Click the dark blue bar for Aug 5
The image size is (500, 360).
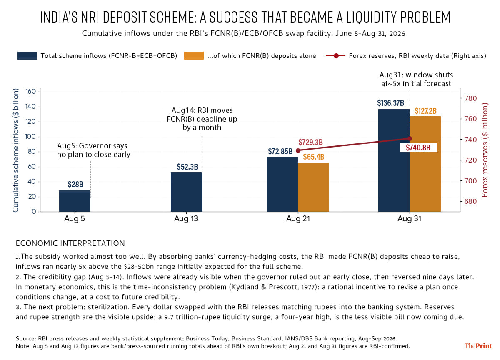[x=75, y=201]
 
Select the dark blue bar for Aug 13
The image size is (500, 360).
[x=186, y=192]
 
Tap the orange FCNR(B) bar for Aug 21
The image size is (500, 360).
[x=313, y=187]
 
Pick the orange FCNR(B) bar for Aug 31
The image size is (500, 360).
[x=425, y=164]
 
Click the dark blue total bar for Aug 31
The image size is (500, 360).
[x=394, y=160]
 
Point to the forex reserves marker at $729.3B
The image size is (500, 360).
[x=298, y=151]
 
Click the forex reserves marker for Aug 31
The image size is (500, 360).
[x=410, y=139]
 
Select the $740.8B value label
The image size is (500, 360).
[x=418, y=147]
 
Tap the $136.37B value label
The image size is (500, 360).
[x=391, y=103]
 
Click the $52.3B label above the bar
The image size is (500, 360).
[x=187, y=167]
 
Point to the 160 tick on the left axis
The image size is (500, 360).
[x=30, y=92]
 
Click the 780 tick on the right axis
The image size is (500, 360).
[x=470, y=98]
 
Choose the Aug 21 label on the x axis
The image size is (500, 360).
[x=298, y=218]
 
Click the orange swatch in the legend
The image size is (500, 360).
[x=194, y=55]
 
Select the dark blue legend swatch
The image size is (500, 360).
[x=27, y=55]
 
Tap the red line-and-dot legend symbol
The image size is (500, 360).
[x=336, y=55]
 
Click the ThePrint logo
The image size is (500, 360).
[x=478, y=346]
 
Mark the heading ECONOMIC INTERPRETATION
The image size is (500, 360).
[x=70, y=243]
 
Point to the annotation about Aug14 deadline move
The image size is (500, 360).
[x=202, y=119]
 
